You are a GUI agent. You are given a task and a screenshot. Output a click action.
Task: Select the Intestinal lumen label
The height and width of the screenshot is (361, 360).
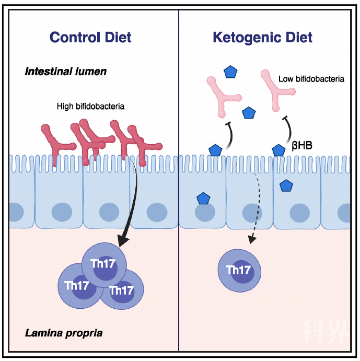[x=66, y=72]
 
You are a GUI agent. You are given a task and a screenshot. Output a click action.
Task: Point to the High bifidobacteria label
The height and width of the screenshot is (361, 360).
[x=90, y=107]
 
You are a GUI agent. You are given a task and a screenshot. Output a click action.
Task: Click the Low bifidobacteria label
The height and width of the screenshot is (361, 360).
[x=311, y=79]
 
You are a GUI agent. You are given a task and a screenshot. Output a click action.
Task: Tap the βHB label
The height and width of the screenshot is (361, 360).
[x=302, y=146]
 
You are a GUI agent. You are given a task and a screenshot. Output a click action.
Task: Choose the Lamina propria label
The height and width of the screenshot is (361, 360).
[x=64, y=333]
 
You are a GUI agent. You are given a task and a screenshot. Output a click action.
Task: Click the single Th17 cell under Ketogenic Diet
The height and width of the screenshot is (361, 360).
[x=239, y=271]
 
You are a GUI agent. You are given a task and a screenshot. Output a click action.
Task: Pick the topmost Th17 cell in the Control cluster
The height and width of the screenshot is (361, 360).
[x=104, y=265]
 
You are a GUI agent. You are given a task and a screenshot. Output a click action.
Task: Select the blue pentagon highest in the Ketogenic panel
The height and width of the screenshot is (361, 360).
[x=230, y=72]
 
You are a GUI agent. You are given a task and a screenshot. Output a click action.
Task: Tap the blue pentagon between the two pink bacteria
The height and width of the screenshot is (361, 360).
[x=249, y=113]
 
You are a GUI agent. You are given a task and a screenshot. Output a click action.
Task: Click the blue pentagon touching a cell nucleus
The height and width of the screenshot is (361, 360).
[x=203, y=199]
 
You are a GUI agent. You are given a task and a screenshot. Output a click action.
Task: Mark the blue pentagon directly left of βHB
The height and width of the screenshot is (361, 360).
[x=278, y=150]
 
